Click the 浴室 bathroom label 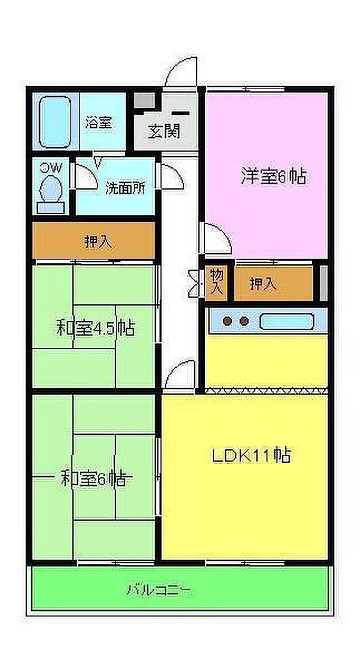pyautogui.click(x=99, y=123)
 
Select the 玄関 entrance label pyautogui.click(x=164, y=132)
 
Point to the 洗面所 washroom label pyautogui.click(x=125, y=188)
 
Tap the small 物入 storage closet pyautogui.click(x=216, y=282)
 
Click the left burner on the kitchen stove pyautogui.click(x=227, y=321)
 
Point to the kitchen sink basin pyautogui.click(x=286, y=322)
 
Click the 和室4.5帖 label pyautogui.click(x=95, y=328)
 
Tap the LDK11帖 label pyautogui.click(x=251, y=456)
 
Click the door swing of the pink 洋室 pyautogui.click(x=216, y=237)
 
